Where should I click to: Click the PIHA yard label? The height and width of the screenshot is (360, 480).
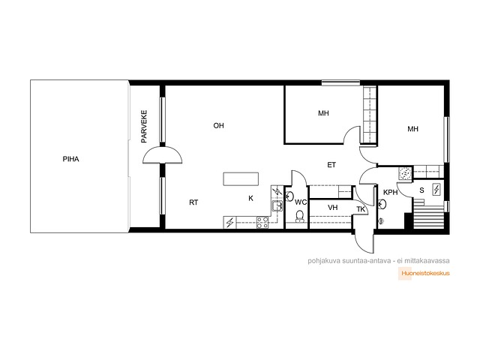(x=70, y=159)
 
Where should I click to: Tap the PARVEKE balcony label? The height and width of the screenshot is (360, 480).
(x=144, y=127)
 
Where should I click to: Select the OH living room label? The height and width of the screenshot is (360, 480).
(x=218, y=125)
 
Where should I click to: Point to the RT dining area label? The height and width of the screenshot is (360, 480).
(x=193, y=202)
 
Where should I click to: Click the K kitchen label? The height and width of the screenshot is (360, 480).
(x=250, y=198)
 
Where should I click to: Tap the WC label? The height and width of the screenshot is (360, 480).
(x=301, y=202)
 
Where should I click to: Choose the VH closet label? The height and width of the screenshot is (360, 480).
(x=333, y=208)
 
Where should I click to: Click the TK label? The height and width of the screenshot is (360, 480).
(x=361, y=209)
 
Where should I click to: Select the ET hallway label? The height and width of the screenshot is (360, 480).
(x=331, y=165)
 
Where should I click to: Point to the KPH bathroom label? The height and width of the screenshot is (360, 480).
(x=390, y=192)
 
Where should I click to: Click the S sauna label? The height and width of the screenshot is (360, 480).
(x=421, y=190)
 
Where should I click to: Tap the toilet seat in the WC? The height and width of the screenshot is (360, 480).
(x=299, y=216)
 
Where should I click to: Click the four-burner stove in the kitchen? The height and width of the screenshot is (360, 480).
(x=262, y=222)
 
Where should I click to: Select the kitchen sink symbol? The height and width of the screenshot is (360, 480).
(x=277, y=206)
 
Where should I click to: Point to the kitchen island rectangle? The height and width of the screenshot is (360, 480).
(x=241, y=179)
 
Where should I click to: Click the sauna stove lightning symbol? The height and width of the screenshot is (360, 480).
(x=436, y=190)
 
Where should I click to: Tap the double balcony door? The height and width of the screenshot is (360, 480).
(x=163, y=155)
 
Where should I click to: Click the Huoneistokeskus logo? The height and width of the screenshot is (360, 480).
(x=424, y=273)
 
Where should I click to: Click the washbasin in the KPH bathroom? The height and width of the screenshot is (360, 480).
(x=382, y=203)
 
